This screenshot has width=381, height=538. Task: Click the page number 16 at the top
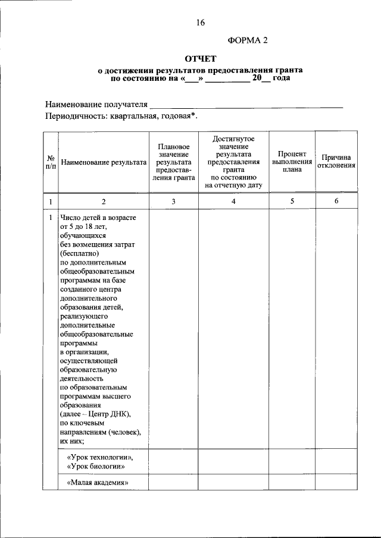coord(200,23)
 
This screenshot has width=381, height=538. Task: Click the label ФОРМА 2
coord(248,40)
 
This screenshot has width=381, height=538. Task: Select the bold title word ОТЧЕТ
coord(200,58)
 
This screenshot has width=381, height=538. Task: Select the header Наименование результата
coord(104,162)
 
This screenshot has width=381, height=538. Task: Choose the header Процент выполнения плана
coord(292,161)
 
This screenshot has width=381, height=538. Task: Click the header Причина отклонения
coord(336,161)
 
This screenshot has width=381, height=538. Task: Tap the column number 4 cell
coord(233,202)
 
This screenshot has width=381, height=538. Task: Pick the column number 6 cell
coord(336,202)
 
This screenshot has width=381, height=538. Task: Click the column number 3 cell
coord(173,202)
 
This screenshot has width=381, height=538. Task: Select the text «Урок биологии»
coord(96,467)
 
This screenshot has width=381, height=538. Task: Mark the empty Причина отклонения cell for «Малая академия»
coord(336,483)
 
